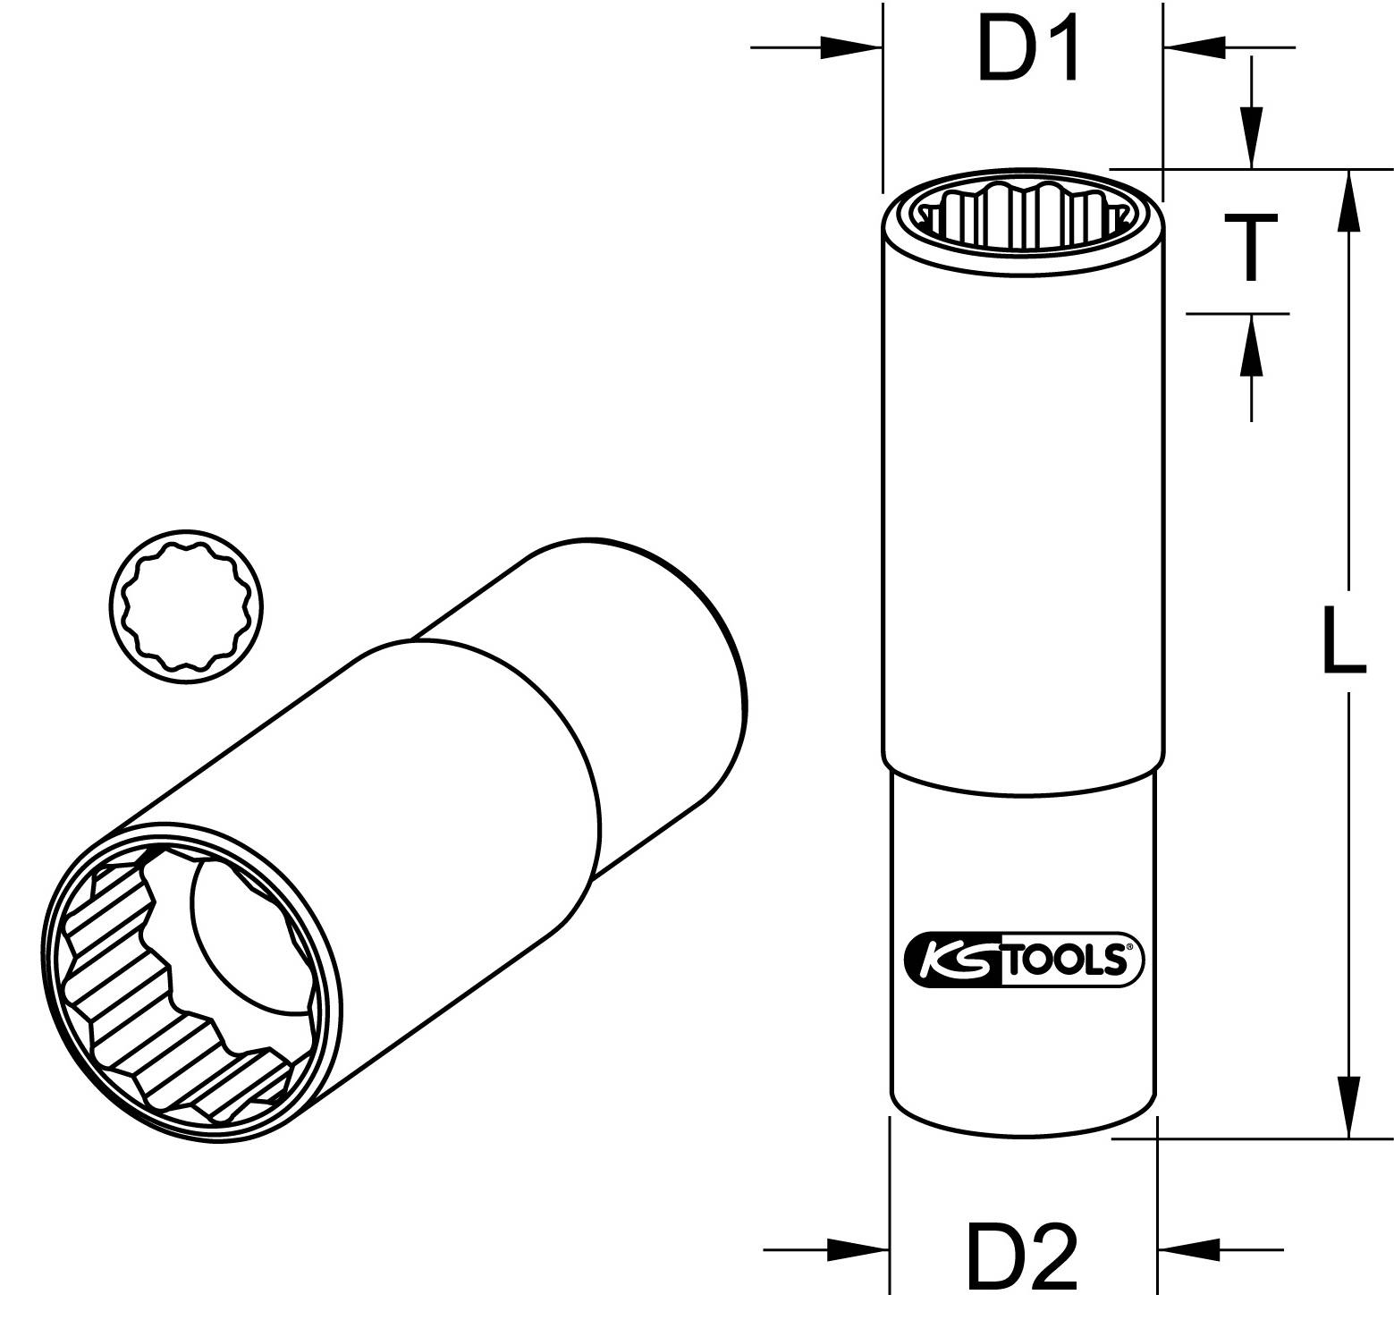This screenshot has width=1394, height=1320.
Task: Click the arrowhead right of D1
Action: tap(1195, 47)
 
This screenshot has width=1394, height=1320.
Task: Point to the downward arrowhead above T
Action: tap(1251, 137)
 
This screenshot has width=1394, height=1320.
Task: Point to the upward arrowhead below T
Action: tap(1251, 347)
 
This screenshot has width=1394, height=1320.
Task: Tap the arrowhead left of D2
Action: tap(858, 1249)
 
